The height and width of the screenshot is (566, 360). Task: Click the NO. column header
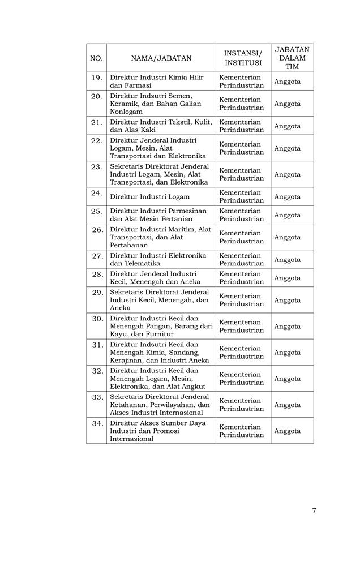(96, 58)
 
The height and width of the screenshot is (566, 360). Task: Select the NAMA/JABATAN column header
(161, 58)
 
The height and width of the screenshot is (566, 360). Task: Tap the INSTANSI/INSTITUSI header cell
(243, 58)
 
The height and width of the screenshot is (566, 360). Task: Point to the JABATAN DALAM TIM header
(292, 58)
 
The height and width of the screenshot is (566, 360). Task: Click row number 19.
(96, 77)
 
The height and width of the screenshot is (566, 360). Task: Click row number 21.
(96, 122)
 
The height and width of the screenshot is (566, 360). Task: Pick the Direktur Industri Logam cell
(149, 197)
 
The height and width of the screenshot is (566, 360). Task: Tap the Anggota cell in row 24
(287, 197)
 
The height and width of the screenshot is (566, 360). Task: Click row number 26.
(97, 230)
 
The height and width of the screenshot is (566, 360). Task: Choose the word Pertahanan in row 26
(128, 245)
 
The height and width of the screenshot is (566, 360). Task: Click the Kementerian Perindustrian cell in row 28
(242, 278)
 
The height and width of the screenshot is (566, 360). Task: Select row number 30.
(97, 319)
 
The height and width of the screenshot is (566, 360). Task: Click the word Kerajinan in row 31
(126, 361)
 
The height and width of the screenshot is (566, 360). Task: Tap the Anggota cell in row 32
(287, 379)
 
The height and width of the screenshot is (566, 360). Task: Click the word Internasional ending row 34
(131, 439)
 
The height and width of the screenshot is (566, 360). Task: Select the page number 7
(314, 511)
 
